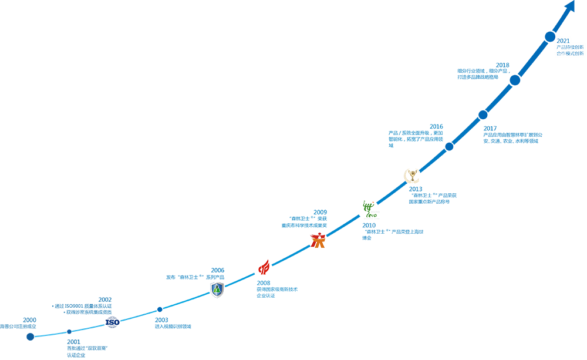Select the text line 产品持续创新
pos(570,47)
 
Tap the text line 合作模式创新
pos(570,53)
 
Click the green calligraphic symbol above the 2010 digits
pos(369,207)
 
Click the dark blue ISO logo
pos(112,322)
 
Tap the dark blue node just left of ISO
pos(69,327)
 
